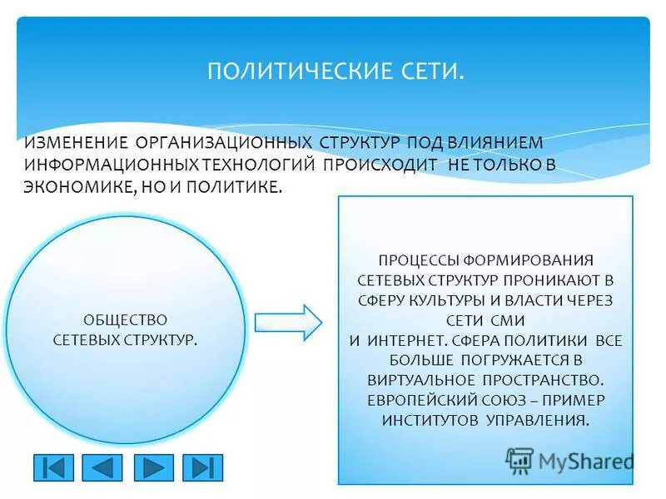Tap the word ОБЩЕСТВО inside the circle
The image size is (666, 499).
tap(125, 320)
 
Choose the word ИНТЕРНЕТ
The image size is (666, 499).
tap(404, 340)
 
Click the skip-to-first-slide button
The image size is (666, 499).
tap(53, 467)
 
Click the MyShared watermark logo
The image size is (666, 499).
tap(570, 460)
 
